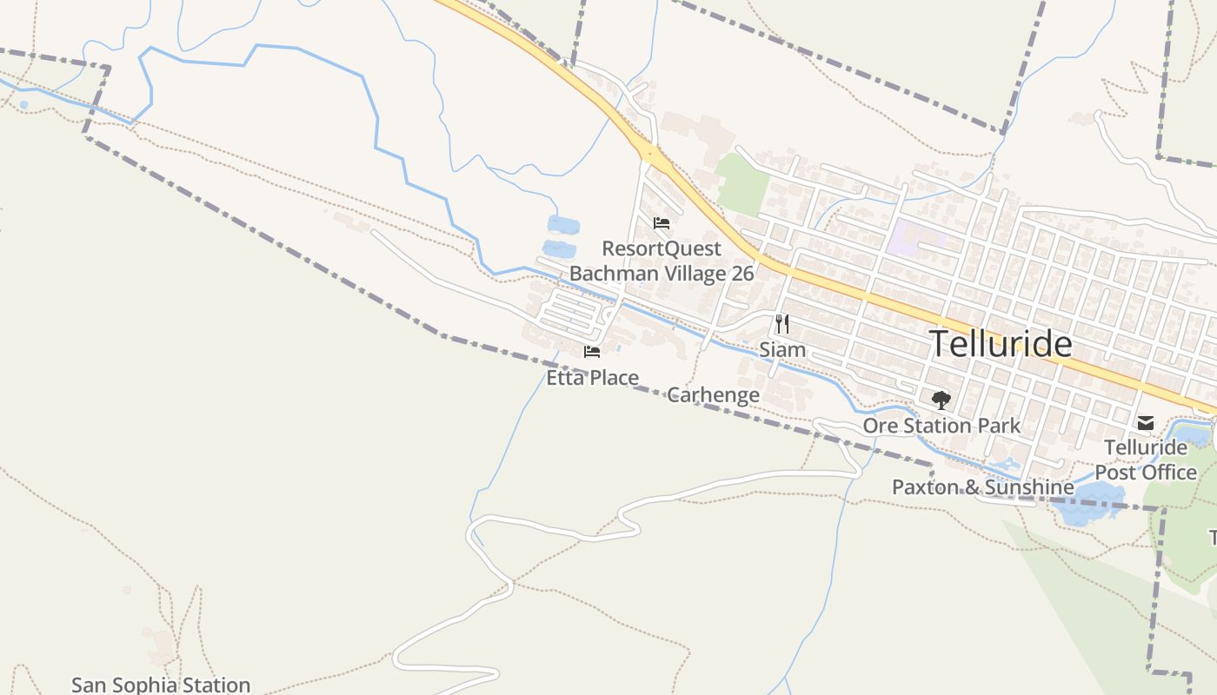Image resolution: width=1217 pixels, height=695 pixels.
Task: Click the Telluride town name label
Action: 1001,344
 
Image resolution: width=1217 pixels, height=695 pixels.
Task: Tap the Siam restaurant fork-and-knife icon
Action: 782,324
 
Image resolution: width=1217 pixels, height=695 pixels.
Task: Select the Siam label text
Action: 782,350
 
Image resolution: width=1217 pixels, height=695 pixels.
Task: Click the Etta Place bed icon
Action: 592,352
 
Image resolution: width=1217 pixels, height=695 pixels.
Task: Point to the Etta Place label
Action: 592,378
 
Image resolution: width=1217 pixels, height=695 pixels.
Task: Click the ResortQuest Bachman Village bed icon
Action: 662,223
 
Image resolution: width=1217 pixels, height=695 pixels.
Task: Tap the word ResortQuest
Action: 662,248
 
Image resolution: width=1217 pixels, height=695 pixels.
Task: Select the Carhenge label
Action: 713,395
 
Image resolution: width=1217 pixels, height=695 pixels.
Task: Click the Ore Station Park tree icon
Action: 941,400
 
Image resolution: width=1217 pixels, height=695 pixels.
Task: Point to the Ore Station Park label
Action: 941,426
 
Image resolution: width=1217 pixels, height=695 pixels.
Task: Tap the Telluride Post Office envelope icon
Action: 1146,423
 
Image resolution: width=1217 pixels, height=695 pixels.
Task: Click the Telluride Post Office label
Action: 1146,460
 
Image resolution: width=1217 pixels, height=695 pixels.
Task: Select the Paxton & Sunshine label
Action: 982,487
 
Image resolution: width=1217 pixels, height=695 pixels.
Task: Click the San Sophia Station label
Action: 161,685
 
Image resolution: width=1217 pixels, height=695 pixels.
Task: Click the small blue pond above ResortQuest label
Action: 562,226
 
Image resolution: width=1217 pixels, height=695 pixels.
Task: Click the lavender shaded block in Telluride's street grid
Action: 908,236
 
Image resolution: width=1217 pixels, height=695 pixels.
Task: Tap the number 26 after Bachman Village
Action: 742,273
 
